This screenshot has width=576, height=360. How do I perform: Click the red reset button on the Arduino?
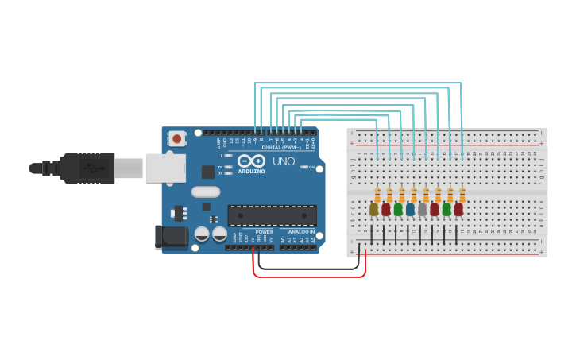[176, 139]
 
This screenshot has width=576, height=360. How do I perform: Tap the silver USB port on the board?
[166, 168]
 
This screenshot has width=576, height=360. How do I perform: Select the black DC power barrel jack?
[170, 236]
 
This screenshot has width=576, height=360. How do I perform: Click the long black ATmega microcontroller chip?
[272, 215]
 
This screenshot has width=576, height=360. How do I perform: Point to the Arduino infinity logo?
[251, 161]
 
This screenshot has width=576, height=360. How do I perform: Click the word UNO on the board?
[284, 161]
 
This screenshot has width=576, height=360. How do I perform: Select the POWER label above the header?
[264, 232]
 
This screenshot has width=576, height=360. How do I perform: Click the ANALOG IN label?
[301, 232]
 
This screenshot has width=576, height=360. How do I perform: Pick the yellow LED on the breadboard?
[374, 210]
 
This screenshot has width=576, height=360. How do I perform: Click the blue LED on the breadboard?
[410, 210]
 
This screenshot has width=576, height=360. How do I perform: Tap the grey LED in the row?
[422, 210]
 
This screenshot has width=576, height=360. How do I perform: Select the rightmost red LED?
[458, 210]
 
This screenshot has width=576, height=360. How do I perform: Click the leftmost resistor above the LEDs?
[377, 195]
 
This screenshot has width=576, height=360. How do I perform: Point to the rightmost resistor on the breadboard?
[462, 195]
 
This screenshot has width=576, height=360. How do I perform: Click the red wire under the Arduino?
[310, 277]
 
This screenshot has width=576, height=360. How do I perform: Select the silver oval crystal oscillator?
[205, 192]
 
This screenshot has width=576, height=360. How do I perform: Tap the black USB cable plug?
[87, 168]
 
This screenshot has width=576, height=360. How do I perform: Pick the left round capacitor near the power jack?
[202, 234]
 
